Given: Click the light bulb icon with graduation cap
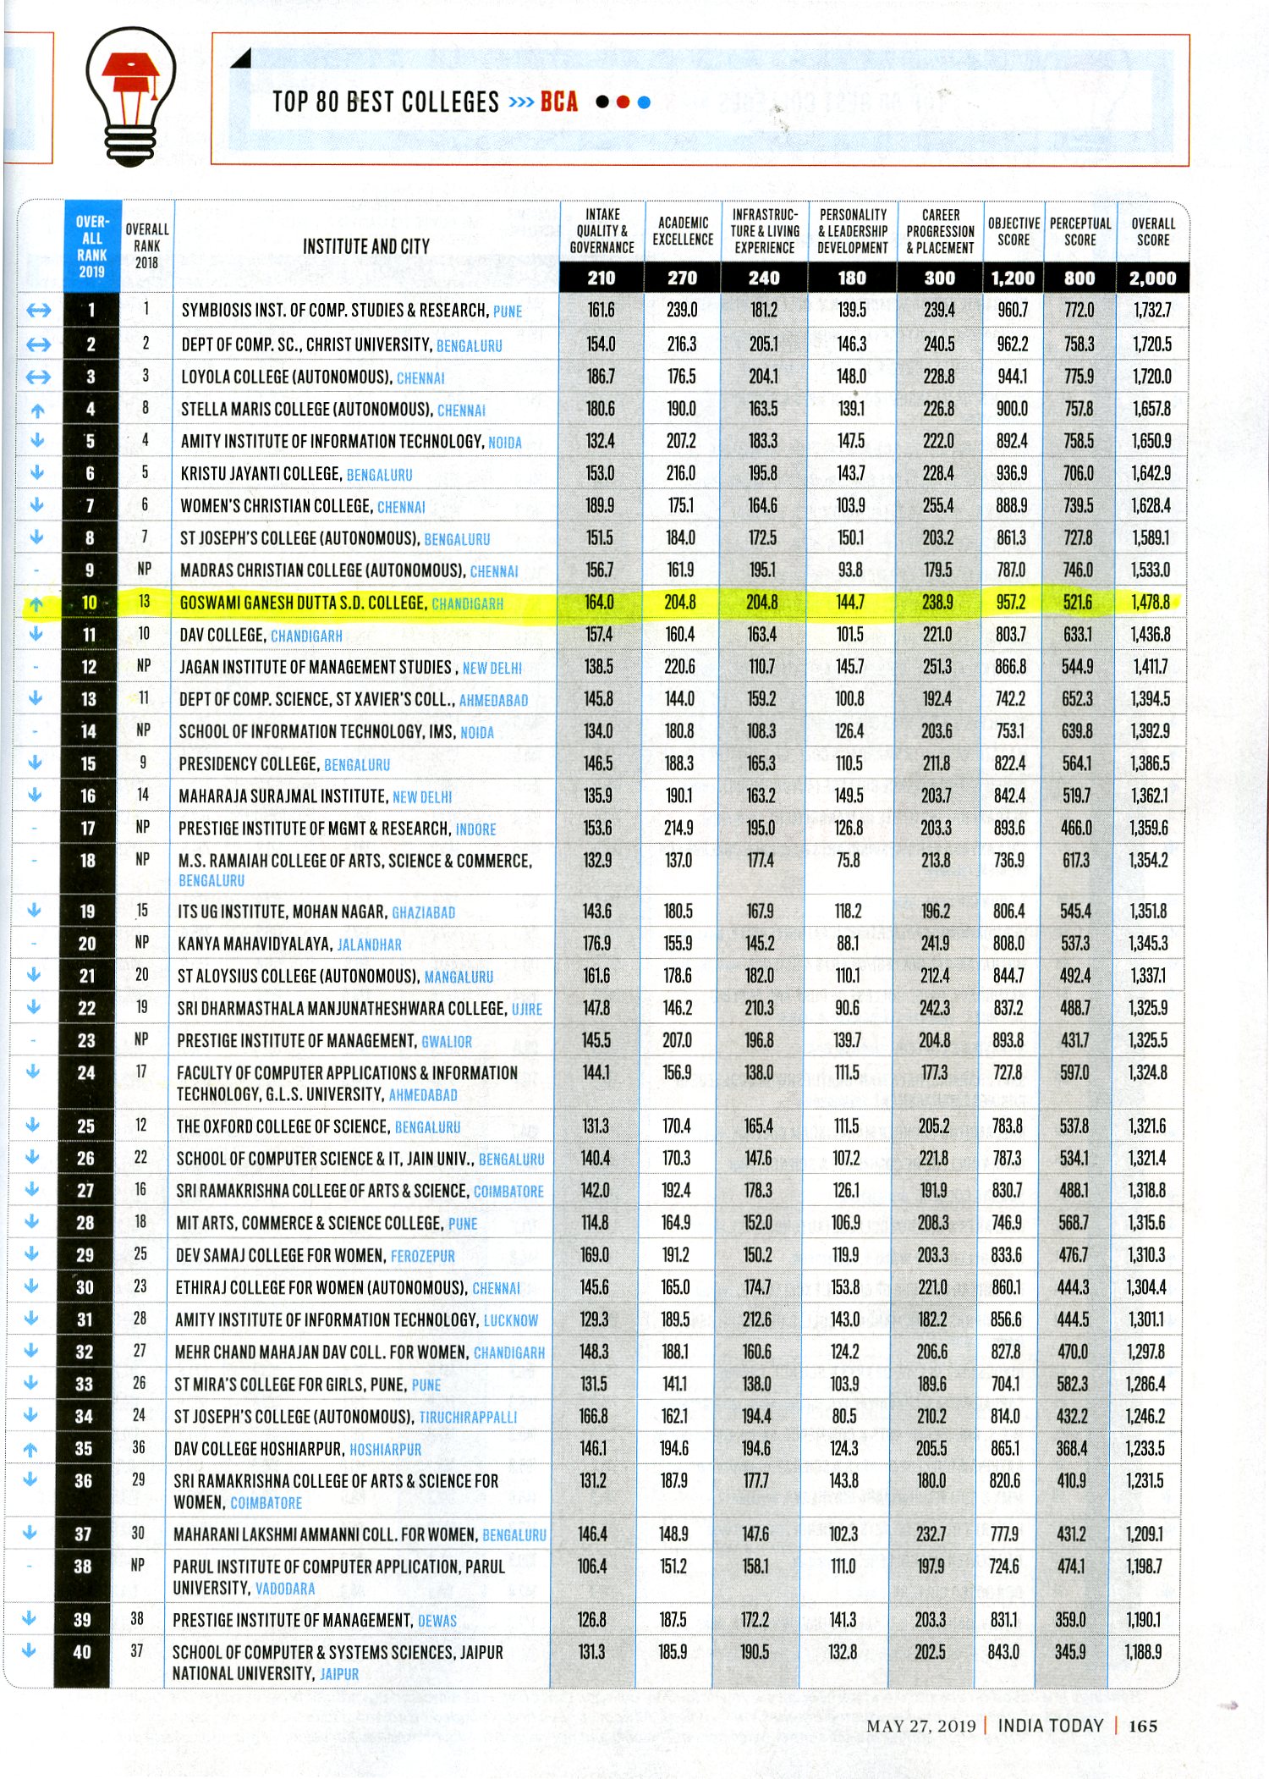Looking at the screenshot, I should click(131, 95).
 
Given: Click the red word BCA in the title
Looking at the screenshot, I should click(559, 102).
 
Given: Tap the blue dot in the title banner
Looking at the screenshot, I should click(645, 102).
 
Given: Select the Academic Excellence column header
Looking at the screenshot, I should click(683, 231).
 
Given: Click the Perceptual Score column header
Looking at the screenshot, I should click(1080, 231).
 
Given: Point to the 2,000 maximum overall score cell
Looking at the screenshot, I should click(1152, 278).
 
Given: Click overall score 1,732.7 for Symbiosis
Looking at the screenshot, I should click(1152, 311).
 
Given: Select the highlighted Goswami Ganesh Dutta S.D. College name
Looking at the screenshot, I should click(302, 603).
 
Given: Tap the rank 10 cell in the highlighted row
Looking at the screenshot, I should click(90, 603).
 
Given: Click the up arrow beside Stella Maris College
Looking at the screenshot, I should click(37, 410).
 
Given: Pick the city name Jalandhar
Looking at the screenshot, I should click(370, 945).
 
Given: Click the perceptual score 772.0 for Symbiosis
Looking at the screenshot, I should click(1079, 311).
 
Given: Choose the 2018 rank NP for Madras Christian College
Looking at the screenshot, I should click(145, 570).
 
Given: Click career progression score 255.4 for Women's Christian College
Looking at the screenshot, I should click(938, 506).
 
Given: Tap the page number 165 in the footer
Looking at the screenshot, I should click(1143, 1726).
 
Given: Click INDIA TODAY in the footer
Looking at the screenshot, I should click(1051, 1726).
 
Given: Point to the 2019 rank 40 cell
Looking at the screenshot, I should click(82, 1651).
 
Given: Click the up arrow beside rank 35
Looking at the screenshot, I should click(30, 1449).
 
